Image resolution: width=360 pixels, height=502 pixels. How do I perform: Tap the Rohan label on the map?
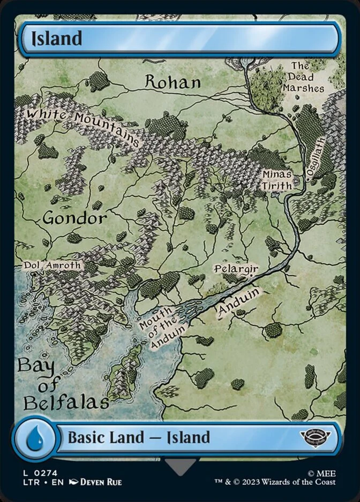click(x=173, y=82)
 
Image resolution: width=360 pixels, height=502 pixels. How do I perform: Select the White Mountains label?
click(x=83, y=124)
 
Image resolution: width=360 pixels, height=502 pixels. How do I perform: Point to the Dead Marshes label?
click(x=304, y=77)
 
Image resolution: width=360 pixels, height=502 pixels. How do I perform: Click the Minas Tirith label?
click(x=277, y=180)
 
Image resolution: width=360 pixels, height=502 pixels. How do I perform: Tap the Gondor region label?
click(x=74, y=218)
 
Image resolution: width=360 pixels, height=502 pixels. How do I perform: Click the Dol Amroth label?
click(x=52, y=265)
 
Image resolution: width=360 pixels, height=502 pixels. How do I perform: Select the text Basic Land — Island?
click(x=138, y=438)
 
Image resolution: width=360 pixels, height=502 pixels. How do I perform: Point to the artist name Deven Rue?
click(x=100, y=482)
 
